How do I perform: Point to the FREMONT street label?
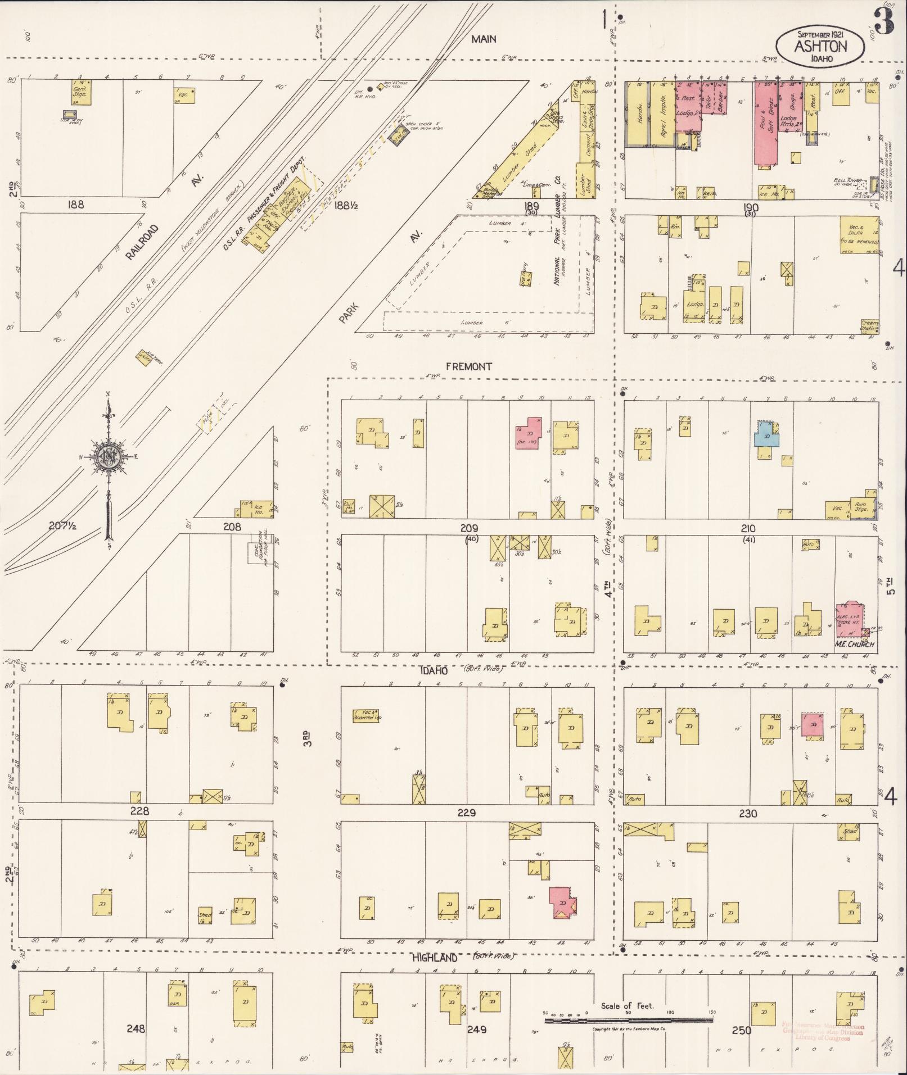(468, 367)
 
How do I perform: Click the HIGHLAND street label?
(435, 958)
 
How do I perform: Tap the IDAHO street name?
(432, 671)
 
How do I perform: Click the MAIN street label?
(484, 39)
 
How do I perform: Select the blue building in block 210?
(766, 436)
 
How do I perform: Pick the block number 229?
(467, 813)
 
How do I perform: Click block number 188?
(75, 205)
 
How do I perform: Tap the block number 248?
(136, 1029)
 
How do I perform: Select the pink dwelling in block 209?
(528, 433)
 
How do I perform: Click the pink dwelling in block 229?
(561, 902)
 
